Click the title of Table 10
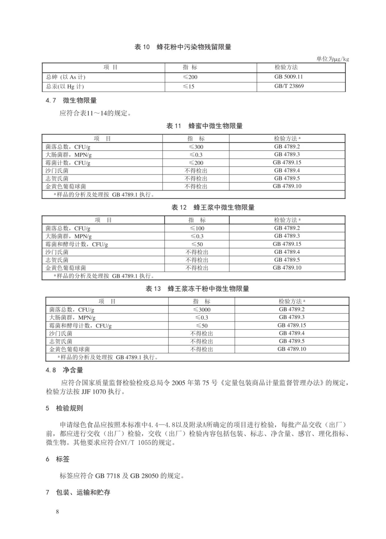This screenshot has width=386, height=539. tap(183, 47)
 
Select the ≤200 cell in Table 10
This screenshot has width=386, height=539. tap(190, 77)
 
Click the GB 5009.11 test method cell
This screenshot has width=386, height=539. tap(288, 77)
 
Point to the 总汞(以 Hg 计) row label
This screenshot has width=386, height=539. tap(65, 87)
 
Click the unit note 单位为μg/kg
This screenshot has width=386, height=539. tap(333, 59)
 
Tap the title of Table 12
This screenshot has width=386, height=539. tap(213, 208)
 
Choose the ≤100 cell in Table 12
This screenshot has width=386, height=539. tap(197, 228)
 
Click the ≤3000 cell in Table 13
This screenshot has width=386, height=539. tap(202, 310)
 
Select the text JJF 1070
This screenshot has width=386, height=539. tap(94, 392)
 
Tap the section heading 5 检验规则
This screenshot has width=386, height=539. tap(64, 408)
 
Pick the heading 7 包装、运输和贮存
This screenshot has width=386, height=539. tap(78, 493)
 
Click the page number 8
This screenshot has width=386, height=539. tap(57, 512)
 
